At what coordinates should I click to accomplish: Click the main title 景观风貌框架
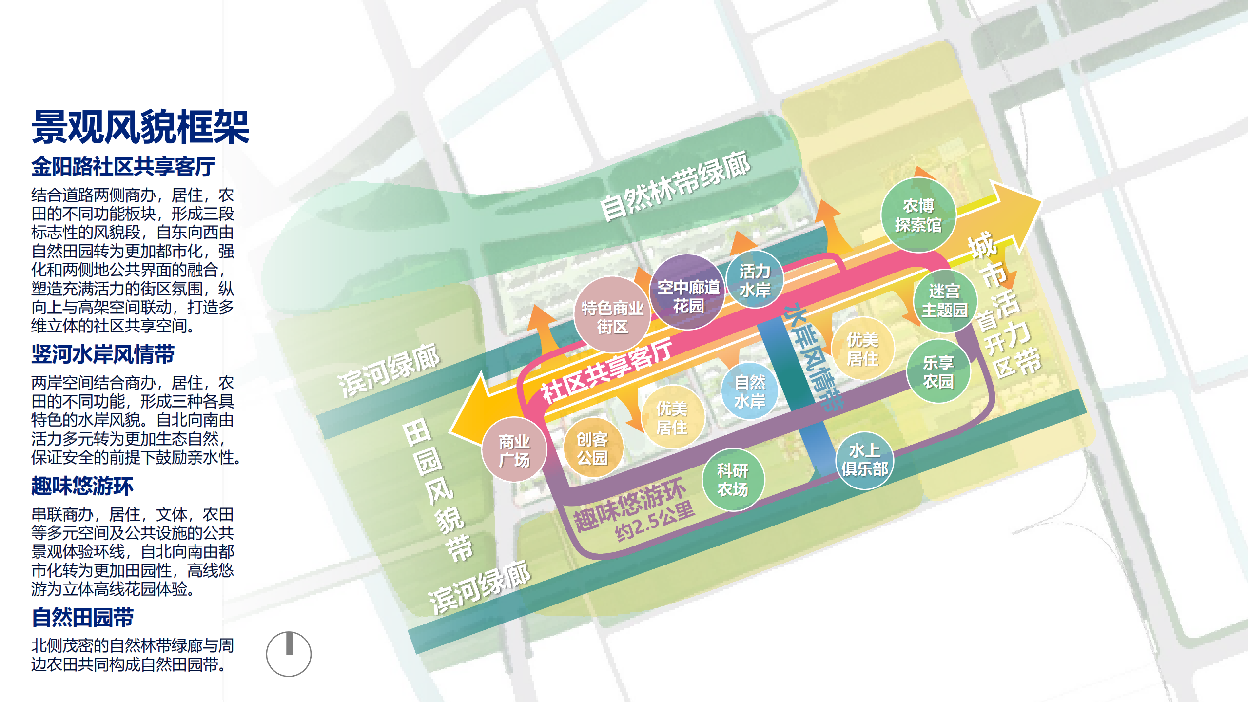point(140,127)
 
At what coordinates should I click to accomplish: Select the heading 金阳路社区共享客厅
point(123,167)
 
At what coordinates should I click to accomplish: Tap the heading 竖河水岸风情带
point(103,354)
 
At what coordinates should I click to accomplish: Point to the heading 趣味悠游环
point(82,486)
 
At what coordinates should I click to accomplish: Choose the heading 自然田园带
point(82,618)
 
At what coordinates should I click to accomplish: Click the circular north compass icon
point(289,654)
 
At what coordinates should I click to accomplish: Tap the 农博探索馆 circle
point(918,215)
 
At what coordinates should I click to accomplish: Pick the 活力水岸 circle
point(755,280)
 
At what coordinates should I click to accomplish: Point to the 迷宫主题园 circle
point(944,301)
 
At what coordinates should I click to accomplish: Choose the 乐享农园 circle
point(938,371)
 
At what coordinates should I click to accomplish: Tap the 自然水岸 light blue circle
point(750,391)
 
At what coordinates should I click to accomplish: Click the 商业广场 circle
point(514,450)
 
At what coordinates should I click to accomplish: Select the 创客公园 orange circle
point(592,448)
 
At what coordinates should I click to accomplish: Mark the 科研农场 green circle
point(733,480)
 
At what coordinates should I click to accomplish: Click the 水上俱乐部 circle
point(864,460)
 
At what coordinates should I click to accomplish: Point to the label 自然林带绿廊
point(675,186)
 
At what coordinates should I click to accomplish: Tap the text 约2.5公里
point(654,522)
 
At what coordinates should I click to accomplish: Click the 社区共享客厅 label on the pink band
point(607,370)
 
